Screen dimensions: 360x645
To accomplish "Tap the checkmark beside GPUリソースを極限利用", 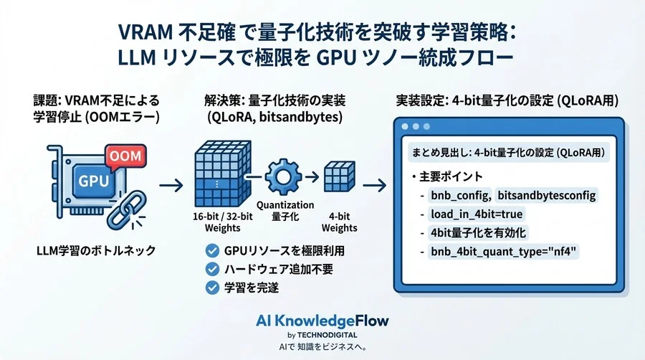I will (x=211, y=251).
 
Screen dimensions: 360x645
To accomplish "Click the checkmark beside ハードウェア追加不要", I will (x=211, y=270).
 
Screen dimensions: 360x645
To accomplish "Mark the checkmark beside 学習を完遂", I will (x=211, y=288).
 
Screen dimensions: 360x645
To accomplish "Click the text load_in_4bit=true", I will (x=476, y=214).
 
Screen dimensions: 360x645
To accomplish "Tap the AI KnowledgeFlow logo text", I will (x=322, y=320).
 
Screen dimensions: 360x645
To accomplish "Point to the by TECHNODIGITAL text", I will (x=322, y=334).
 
